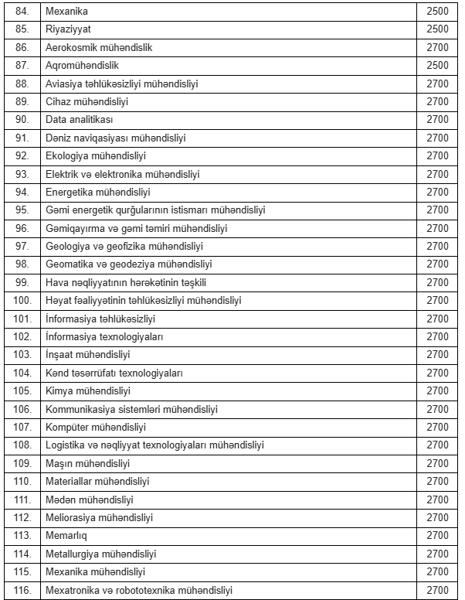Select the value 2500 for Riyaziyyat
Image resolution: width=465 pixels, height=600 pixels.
tap(437, 29)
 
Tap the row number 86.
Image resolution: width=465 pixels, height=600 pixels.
tap(22, 47)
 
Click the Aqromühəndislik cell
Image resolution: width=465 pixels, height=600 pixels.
tap(83, 66)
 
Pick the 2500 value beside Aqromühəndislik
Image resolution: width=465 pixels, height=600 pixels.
tap(437, 66)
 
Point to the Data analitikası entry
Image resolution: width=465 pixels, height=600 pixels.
tap(80, 120)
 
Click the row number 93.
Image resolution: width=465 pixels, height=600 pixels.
tap(22, 174)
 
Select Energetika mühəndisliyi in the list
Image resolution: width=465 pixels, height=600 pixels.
tap(98, 192)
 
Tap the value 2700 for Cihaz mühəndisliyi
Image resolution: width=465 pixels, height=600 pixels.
tap(437, 101)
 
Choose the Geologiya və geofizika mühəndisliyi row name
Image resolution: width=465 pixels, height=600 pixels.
tap(124, 246)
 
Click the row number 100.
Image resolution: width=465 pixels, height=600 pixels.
tap(22, 300)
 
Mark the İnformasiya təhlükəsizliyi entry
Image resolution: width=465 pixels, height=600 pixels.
tap(101, 319)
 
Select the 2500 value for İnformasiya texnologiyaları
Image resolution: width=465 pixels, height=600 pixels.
tap(437, 336)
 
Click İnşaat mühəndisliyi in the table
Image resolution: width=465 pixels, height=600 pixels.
tap(88, 354)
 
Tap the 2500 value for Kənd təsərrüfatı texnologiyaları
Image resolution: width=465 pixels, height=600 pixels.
tap(437, 373)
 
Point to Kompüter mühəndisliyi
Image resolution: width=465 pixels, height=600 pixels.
tap(97, 427)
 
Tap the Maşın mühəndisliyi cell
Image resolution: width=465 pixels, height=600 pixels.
tap(88, 463)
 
